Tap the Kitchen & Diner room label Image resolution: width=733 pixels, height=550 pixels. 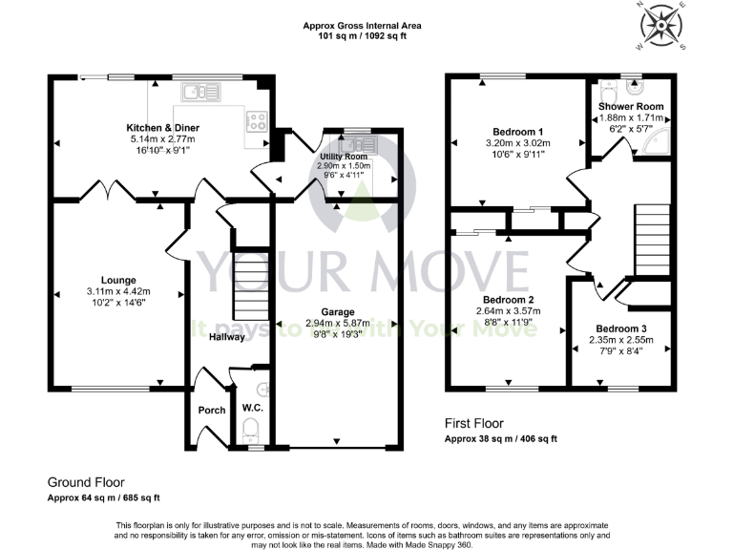pos(162,127)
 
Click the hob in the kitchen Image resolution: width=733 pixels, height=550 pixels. pos(257,121)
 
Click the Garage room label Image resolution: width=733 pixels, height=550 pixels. pos(337,312)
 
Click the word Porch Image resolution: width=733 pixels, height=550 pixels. pos(211,411)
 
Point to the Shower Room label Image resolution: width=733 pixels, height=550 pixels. pos(631,106)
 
